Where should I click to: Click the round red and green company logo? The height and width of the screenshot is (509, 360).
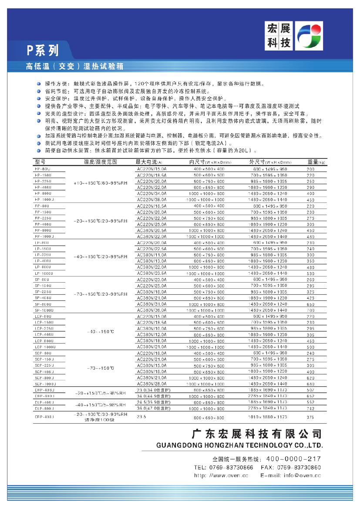point(309,37)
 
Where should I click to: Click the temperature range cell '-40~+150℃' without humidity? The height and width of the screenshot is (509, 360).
point(101,332)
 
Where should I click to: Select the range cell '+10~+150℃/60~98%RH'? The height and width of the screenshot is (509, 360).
point(101,184)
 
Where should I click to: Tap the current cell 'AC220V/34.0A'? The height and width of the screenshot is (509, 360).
point(151,193)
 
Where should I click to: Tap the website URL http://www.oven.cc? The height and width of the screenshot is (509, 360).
point(221,475)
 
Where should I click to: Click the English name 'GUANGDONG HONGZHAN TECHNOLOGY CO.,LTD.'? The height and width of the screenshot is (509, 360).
point(240,445)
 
